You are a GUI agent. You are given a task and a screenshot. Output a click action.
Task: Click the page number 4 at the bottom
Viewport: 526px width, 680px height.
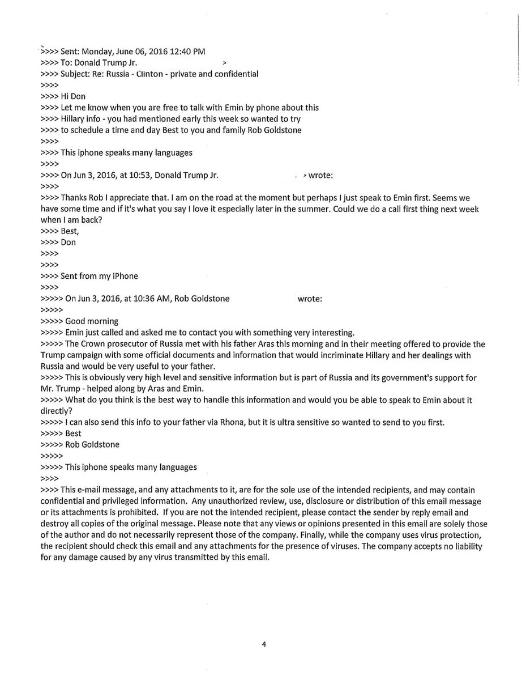(263, 644)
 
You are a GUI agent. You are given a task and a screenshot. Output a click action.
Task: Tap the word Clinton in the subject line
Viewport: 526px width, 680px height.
(159, 74)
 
